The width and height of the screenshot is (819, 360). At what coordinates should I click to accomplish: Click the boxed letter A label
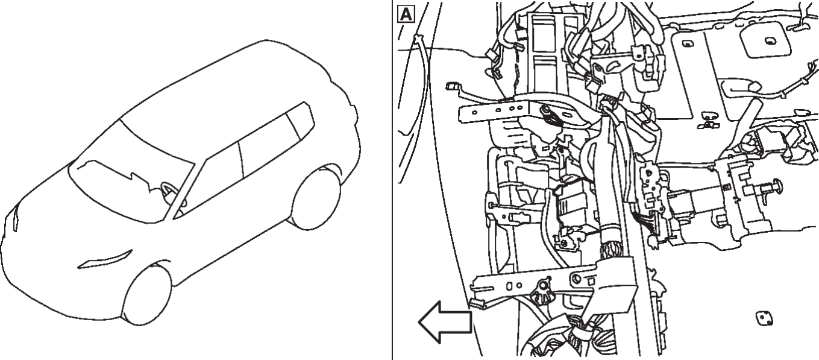coord(406,14)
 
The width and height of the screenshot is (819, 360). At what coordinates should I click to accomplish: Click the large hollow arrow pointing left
coord(445,322)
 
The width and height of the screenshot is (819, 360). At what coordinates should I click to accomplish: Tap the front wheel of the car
coord(148,295)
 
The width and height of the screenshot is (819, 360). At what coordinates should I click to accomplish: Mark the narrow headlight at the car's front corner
coord(15,219)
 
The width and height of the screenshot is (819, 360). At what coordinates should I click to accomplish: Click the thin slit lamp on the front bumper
coord(105,259)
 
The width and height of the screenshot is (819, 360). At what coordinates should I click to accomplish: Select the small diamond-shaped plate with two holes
coord(763,318)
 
